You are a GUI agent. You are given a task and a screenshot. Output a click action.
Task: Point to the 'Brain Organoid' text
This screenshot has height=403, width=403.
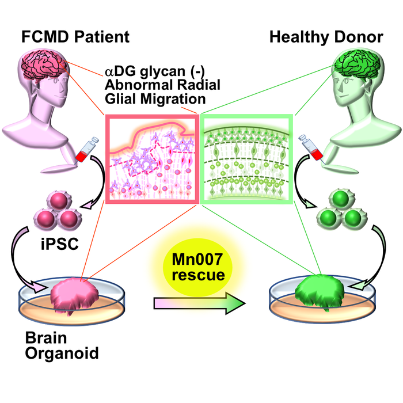point(58,343)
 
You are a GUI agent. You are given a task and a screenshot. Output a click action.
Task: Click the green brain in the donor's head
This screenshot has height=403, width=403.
point(357,72)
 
